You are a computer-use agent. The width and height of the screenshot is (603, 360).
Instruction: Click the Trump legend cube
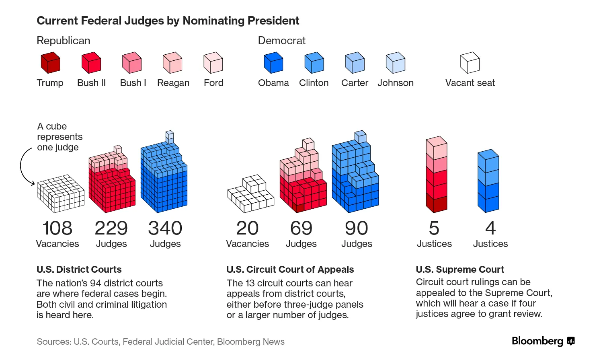50,63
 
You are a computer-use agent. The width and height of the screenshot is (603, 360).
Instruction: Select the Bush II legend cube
91,63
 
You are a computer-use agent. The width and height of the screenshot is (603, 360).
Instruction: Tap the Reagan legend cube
172,63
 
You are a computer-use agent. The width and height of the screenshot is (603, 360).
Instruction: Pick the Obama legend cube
273,63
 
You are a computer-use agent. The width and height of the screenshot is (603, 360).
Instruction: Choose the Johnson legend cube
396,63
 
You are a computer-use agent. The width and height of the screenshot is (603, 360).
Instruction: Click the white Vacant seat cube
470,63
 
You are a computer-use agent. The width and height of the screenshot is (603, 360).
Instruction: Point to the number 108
57,228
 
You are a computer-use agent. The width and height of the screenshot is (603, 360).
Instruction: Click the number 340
165,228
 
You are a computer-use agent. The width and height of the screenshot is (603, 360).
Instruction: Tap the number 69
301,228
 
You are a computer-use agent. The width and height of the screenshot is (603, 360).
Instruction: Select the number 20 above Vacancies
247,228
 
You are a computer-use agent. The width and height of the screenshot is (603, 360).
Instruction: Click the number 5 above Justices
434,228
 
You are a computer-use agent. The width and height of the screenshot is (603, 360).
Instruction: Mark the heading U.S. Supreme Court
459,269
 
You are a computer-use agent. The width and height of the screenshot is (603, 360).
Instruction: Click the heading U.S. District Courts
79,269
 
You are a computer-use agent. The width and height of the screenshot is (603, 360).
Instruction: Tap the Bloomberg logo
543,341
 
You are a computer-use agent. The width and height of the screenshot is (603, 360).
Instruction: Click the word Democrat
281,41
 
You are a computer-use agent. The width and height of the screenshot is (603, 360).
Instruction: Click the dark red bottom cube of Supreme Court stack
437,204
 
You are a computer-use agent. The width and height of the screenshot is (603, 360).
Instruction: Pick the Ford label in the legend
213,83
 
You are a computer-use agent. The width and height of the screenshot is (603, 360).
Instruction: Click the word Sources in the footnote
54,342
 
